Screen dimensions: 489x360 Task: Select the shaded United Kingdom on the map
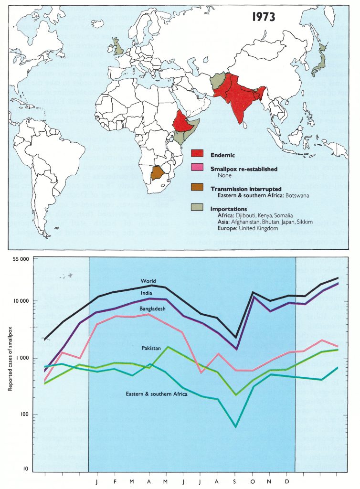click(x=119, y=46)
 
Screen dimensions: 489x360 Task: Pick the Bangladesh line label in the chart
click(x=152, y=309)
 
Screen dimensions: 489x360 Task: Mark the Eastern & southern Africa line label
click(x=156, y=394)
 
